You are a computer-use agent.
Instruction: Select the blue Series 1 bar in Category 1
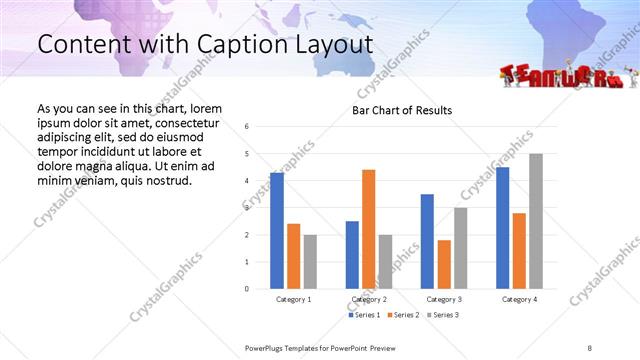[x=277, y=231]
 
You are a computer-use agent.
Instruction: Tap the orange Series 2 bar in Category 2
[x=368, y=229]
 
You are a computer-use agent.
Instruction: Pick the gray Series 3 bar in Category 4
[x=536, y=221]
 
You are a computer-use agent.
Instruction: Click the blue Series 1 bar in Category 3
[x=427, y=241]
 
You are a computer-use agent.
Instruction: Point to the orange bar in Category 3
[x=444, y=264]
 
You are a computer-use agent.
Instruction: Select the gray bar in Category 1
[x=311, y=261]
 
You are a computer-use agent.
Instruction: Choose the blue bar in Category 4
[x=502, y=228]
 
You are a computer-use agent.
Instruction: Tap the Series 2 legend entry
[x=401, y=315]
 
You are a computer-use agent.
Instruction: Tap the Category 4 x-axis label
[x=519, y=299]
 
